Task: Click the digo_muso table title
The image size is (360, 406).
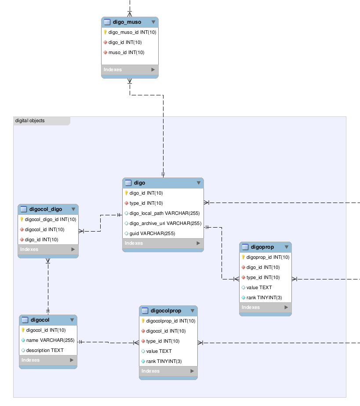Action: click(127, 22)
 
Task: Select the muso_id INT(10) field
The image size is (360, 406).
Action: click(126, 53)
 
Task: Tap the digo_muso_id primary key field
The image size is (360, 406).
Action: click(132, 33)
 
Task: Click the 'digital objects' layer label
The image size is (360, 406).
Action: click(30, 120)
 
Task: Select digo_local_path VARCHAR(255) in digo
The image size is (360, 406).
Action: click(164, 213)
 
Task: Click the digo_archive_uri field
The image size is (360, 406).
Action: click(165, 223)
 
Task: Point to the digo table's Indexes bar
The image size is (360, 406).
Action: click(163, 243)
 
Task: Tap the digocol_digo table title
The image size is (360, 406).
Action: click(46, 209)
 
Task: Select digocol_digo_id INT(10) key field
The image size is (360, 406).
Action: click(51, 219)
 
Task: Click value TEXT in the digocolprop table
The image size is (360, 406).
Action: click(159, 351)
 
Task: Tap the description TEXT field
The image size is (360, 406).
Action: click(45, 350)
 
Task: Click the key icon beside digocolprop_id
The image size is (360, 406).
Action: click(143, 321)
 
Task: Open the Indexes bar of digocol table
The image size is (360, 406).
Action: click(48, 360)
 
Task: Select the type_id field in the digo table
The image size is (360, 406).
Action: click(146, 203)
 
